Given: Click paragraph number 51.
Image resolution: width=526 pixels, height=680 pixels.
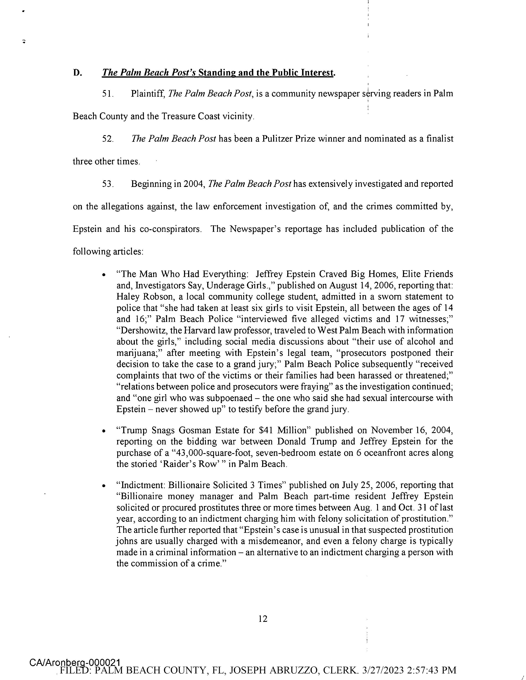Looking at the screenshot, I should click(107, 94).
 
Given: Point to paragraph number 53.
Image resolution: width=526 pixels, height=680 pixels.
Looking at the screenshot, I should click(107, 184).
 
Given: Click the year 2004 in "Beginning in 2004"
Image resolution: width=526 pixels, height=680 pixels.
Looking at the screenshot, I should click(194, 184).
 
